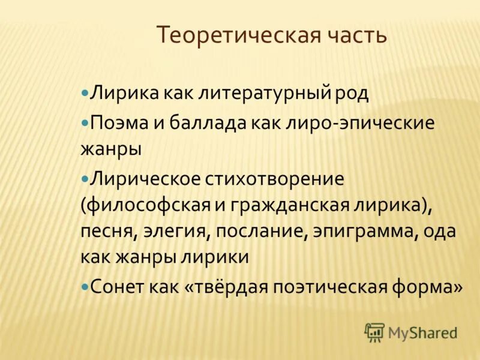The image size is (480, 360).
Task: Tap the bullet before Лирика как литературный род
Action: pos(85,94)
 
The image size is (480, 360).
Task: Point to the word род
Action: pos(353,94)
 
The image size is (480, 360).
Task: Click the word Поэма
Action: pos(116,123)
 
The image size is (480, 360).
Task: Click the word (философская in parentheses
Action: pos(144,205)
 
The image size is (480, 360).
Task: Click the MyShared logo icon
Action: pos(374,332)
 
